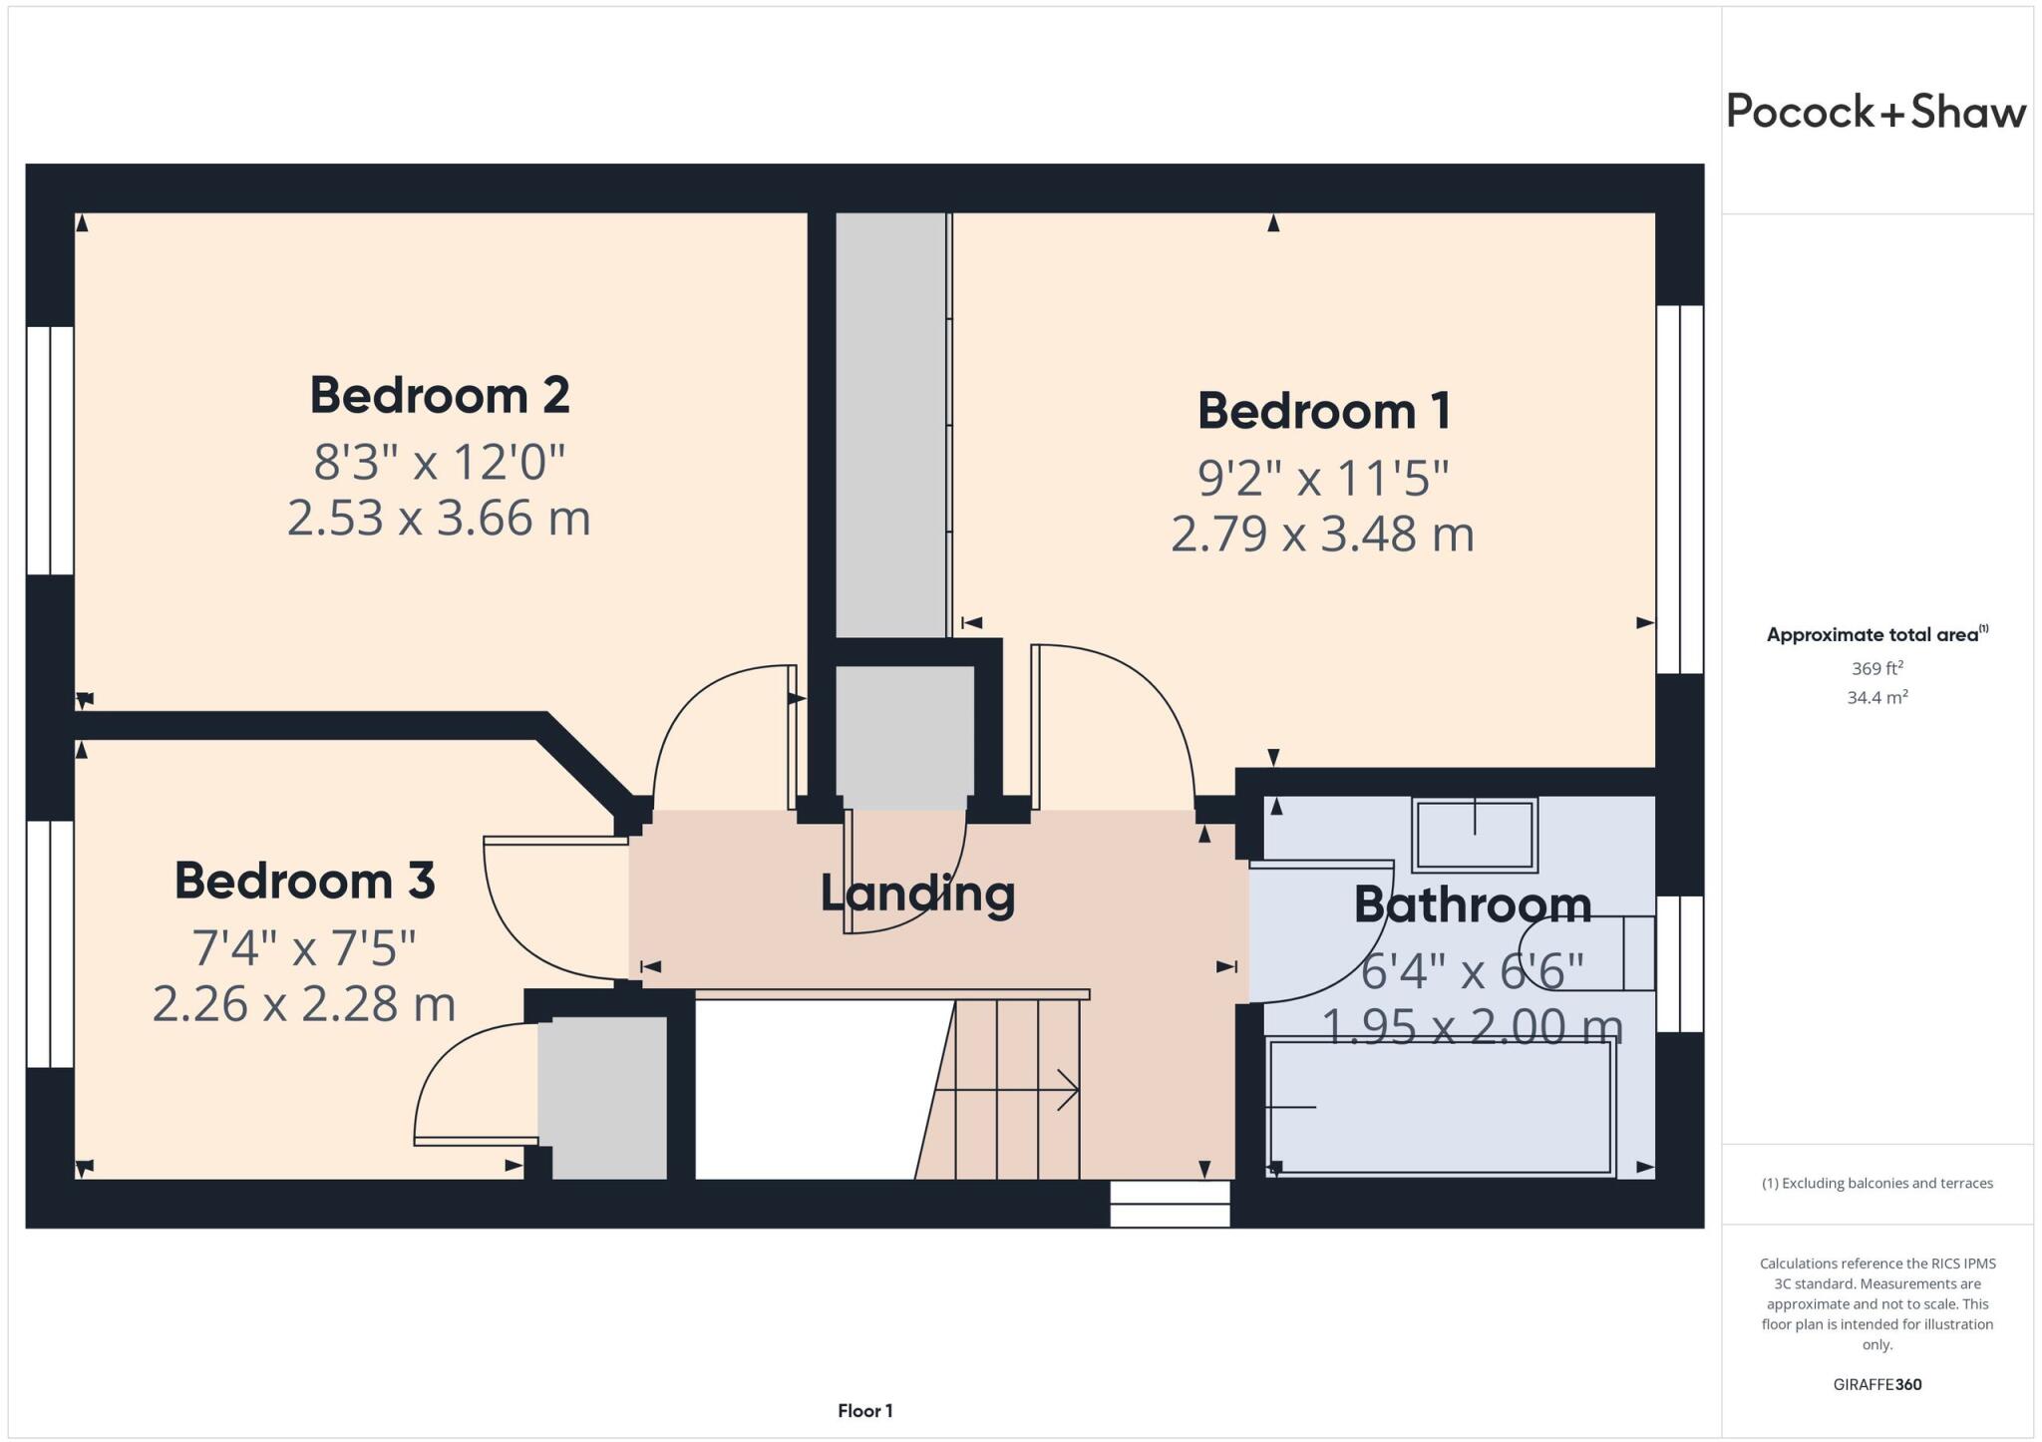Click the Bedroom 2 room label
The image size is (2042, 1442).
[x=439, y=396]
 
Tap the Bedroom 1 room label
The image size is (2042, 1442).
[x=1323, y=411]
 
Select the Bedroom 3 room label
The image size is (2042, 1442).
[x=304, y=881]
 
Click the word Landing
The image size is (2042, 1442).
[x=917, y=894]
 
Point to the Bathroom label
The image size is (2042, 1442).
[x=1472, y=904]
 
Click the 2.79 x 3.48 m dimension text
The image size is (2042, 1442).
[x=1322, y=534]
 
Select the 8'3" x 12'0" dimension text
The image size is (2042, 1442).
[x=439, y=462]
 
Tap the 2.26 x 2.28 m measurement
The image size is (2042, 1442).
[x=304, y=1003]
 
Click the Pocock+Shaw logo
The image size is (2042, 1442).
[x=1876, y=112]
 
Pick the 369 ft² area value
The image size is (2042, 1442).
[x=1876, y=668]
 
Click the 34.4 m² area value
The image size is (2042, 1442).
[x=1876, y=697]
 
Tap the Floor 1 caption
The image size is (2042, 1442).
[x=864, y=1410]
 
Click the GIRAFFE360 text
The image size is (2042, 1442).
[x=1876, y=1384]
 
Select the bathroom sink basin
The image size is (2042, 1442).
[x=1475, y=835]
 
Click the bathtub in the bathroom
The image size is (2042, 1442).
[x=1439, y=1107]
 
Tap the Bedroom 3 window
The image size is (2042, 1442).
[x=50, y=943]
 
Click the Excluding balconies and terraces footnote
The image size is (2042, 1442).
[x=1876, y=1183]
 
